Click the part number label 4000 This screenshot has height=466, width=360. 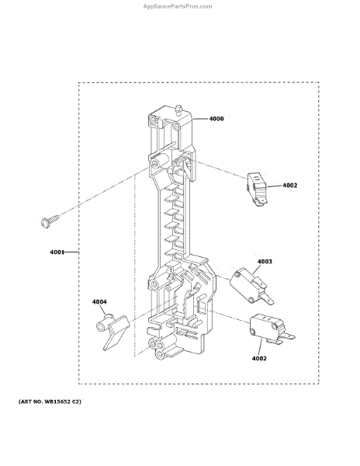coord(216,119)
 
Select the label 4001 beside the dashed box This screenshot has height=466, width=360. coord(57,252)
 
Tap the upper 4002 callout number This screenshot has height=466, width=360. coord(289,186)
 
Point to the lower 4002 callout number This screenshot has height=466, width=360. coord(259,358)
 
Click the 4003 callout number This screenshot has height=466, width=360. coord(265,261)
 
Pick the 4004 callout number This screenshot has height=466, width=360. coord(99,302)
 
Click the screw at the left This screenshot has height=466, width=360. coord(50,221)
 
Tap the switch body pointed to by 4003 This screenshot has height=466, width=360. coord(245,284)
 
